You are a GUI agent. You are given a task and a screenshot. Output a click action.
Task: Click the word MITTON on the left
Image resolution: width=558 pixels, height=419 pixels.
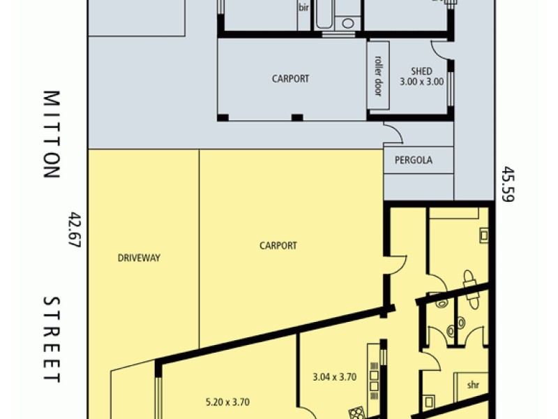click(x=51, y=134)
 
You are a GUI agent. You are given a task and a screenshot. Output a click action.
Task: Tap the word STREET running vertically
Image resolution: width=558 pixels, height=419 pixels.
click(x=51, y=339)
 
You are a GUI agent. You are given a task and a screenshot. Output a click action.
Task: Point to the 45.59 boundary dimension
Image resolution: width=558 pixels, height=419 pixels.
click(x=507, y=184)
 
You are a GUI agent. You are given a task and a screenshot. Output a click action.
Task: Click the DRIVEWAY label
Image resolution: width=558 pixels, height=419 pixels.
click(x=139, y=258)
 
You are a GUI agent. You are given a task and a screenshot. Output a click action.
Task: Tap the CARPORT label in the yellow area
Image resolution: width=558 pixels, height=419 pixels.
click(x=278, y=246)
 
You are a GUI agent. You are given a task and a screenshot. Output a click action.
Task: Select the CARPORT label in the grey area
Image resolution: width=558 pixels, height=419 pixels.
click(x=290, y=79)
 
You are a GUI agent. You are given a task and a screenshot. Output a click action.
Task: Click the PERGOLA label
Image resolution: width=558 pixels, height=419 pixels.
click(x=413, y=160)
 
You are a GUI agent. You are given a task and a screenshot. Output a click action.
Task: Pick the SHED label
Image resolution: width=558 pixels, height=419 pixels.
click(x=421, y=71)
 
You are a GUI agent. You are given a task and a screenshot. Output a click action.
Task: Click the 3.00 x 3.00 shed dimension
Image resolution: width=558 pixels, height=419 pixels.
click(x=421, y=82)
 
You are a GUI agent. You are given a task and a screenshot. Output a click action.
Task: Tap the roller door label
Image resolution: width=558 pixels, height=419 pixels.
click(x=378, y=75)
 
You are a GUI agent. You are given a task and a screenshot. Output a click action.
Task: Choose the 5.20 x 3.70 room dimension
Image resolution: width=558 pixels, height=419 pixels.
click(x=227, y=402)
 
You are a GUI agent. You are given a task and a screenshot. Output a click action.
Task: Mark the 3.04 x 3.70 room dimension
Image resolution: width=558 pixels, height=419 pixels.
click(x=335, y=377)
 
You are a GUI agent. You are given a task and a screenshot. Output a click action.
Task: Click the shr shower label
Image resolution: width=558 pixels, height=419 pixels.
click(x=474, y=385)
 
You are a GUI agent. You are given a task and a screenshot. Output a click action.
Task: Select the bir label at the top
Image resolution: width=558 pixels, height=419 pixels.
click(x=303, y=8)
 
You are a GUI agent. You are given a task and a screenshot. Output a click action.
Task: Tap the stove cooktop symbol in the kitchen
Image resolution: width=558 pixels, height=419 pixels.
click(x=357, y=412)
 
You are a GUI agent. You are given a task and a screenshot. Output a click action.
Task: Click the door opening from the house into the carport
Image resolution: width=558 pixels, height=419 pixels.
click(x=395, y=264)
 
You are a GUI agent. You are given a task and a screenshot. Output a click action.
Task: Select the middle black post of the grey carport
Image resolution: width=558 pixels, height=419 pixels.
click(x=297, y=117)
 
